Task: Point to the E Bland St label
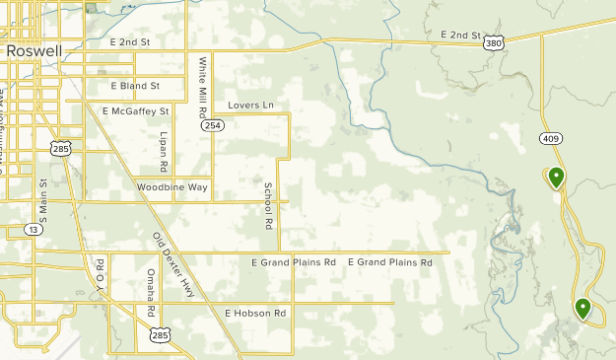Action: click(135, 86)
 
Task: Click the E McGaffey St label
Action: click(135, 111)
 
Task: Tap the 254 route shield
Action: click(213, 125)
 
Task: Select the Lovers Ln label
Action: click(249, 105)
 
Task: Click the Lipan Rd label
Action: click(164, 151)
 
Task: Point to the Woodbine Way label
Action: click(172, 186)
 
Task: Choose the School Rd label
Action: click(267, 206)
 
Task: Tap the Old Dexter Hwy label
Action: click(173, 263)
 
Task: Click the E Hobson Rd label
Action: click(254, 313)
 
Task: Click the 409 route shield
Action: click(550, 139)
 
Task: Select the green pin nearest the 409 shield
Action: click(557, 179)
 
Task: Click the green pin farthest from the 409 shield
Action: click(582, 310)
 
